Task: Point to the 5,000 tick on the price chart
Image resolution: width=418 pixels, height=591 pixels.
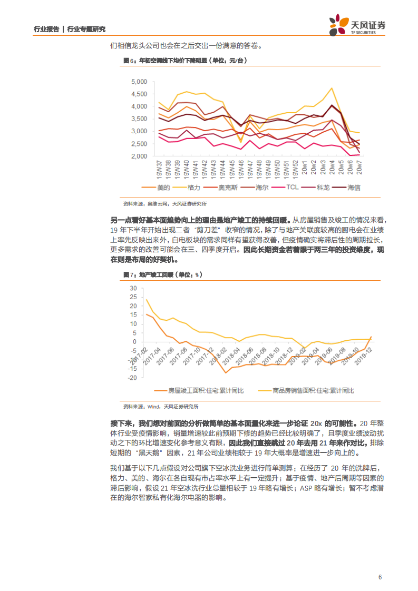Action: pyautogui.click(x=138, y=82)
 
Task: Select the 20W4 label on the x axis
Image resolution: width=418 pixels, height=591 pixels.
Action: pyautogui.click(x=333, y=167)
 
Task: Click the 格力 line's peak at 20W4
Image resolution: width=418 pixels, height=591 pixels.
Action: pyautogui.click(x=332, y=88)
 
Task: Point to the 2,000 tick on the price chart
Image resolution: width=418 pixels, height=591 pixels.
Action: pyautogui.click(x=138, y=156)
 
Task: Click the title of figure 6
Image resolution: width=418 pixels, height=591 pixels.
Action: pyautogui.click(x=185, y=61)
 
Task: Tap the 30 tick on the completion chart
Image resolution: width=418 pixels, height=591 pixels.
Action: pyautogui.click(x=133, y=288)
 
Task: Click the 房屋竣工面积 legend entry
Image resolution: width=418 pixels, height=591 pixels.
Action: pyautogui.click(x=206, y=390)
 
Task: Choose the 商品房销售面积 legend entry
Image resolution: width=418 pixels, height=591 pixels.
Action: pyautogui.click(x=314, y=390)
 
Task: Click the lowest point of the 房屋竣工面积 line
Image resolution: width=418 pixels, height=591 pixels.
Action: pyautogui.click(x=226, y=373)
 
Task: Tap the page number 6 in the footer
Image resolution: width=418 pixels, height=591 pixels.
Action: pyautogui.click(x=380, y=577)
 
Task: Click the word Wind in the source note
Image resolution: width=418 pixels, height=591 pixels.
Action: pyautogui.click(x=153, y=407)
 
